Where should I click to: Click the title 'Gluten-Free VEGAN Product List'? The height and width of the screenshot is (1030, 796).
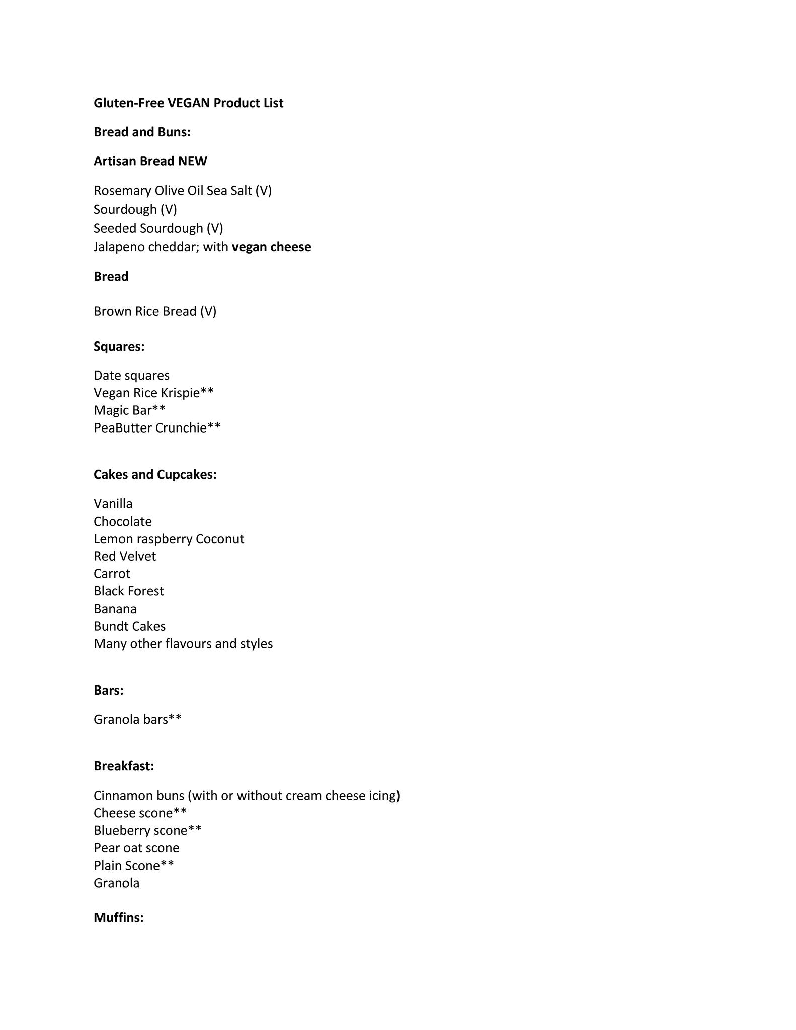pyautogui.click(x=188, y=103)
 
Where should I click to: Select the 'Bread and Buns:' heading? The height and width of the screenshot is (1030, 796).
pyautogui.click(x=142, y=132)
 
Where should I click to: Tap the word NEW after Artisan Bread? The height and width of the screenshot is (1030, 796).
pyautogui.click(x=193, y=161)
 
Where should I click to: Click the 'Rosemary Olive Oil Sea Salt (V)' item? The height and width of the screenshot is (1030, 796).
pyautogui.click(x=183, y=190)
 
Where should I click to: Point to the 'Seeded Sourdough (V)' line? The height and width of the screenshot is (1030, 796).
pyautogui.click(x=158, y=228)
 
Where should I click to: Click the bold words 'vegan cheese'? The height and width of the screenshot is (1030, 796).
pyautogui.click(x=271, y=247)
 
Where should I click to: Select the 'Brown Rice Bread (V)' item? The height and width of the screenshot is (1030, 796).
pyautogui.click(x=155, y=311)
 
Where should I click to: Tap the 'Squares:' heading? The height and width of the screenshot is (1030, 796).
pyautogui.click(x=119, y=346)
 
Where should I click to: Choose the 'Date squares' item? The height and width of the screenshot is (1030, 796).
pyautogui.click(x=131, y=375)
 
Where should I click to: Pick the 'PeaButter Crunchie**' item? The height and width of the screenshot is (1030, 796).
pyautogui.click(x=157, y=427)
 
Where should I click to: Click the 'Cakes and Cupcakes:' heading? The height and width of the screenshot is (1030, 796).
pyautogui.click(x=155, y=474)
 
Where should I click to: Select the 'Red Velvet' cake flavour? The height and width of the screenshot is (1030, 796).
pyautogui.click(x=125, y=556)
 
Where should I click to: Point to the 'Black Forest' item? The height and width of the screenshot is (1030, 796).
pyautogui.click(x=128, y=591)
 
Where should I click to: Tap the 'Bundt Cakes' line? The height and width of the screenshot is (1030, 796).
pyautogui.click(x=129, y=626)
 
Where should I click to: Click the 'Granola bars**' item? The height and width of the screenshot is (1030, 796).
pyautogui.click(x=137, y=719)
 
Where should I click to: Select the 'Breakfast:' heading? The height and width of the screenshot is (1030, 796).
pyautogui.click(x=124, y=766)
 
